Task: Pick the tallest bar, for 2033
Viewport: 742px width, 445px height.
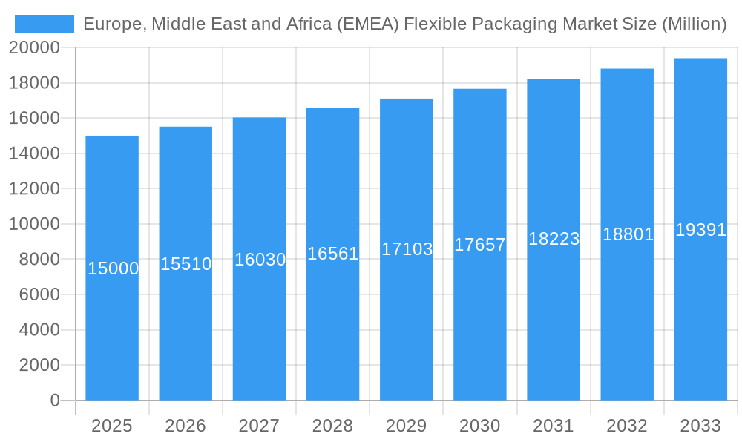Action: click(x=700, y=311)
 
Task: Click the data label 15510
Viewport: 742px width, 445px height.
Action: click(x=186, y=264)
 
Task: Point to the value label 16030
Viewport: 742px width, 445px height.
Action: click(x=260, y=260)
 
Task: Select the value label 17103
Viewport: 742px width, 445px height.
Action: click(x=407, y=249)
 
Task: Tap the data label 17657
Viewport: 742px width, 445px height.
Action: click(x=480, y=245)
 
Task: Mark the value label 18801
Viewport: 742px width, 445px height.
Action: click(x=628, y=234)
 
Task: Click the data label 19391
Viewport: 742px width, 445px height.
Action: click(x=700, y=230)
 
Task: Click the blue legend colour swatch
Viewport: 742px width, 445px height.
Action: click(x=45, y=24)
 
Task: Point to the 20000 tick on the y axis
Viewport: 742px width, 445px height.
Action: click(x=34, y=47)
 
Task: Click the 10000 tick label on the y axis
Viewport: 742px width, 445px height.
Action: click(x=34, y=224)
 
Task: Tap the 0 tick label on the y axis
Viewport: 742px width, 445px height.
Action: click(x=54, y=400)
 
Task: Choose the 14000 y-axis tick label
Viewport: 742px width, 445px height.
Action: click(x=34, y=154)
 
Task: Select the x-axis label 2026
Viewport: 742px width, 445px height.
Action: click(x=185, y=426)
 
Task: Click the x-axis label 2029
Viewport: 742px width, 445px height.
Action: click(x=406, y=426)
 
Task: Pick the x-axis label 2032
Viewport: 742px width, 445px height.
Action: click(x=627, y=426)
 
